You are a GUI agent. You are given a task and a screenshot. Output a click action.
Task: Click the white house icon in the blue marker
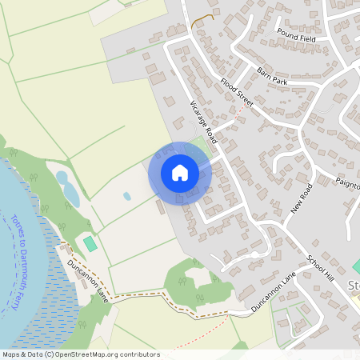(x=180, y=172)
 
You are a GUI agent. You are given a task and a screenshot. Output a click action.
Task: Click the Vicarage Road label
(x=204, y=120)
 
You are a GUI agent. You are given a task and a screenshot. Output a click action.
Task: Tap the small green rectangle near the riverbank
(x=90, y=242)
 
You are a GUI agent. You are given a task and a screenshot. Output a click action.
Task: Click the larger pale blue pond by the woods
(x=70, y=193)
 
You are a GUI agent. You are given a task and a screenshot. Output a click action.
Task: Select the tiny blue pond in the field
(x=126, y=195)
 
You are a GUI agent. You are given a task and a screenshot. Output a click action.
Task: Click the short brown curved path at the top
(x=205, y=18)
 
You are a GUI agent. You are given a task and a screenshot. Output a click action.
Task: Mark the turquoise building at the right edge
(x=356, y=265)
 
